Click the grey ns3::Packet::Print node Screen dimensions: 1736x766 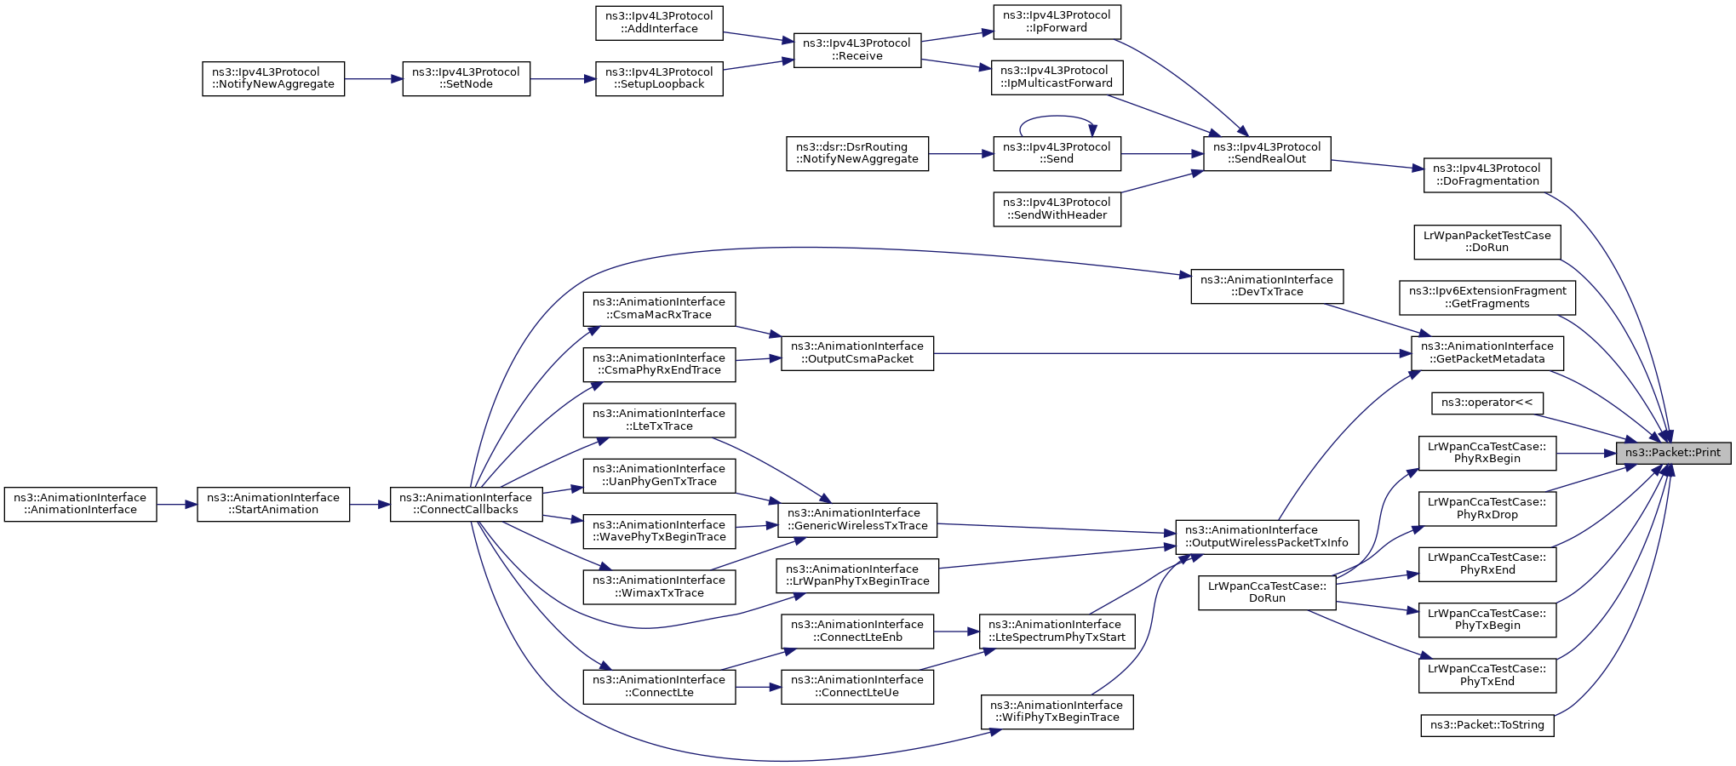point(1673,453)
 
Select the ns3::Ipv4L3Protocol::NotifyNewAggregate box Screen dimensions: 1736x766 point(273,78)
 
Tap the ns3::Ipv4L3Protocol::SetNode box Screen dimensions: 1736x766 point(466,78)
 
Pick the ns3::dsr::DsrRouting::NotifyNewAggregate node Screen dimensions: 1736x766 point(857,153)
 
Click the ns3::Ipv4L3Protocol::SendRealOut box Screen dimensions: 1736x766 point(1266,153)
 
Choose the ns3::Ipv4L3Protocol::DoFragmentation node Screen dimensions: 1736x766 point(1487,174)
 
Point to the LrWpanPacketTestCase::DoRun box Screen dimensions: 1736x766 point(1487,242)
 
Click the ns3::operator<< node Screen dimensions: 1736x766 point(1487,403)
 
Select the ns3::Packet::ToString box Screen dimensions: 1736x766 point(1487,725)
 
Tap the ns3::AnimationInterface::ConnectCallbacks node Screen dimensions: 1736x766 point(467,504)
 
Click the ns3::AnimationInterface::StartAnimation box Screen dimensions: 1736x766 point(273,504)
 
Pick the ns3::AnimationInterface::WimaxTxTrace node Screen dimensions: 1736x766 point(659,586)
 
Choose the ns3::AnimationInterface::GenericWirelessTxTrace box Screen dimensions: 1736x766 point(857,520)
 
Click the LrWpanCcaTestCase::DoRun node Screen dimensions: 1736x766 point(1267,592)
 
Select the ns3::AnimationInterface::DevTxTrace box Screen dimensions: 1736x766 point(1267,286)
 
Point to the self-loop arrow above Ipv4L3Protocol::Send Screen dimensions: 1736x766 point(1057,117)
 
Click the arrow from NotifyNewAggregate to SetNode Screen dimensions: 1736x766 point(374,79)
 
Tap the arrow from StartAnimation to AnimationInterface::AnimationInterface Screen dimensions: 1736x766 point(177,505)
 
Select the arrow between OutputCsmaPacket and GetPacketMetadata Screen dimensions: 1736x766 point(1172,353)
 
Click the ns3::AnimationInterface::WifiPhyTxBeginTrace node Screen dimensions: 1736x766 point(1057,712)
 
